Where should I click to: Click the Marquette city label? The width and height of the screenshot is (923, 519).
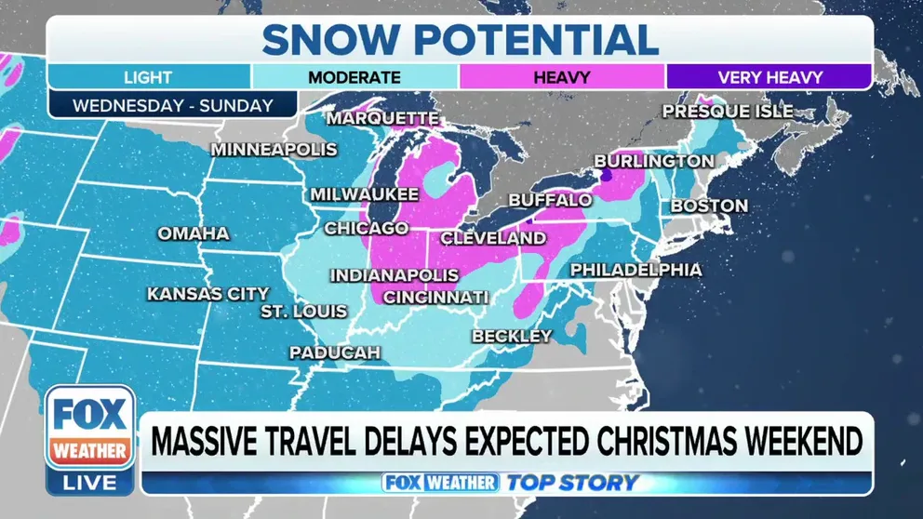[382, 119]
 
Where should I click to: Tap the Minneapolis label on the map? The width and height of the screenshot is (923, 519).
[274, 149]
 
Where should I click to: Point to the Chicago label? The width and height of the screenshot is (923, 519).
[366, 228]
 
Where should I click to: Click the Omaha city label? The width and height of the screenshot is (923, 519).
[194, 233]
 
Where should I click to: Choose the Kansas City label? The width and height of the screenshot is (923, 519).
[208, 294]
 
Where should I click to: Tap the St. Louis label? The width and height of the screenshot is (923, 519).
[303, 311]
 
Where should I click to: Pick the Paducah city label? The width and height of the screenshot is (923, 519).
[335, 353]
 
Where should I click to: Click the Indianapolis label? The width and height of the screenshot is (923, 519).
[395, 275]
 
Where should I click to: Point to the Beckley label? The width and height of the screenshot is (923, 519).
[512, 336]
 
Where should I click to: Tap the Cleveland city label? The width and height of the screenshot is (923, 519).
[493, 238]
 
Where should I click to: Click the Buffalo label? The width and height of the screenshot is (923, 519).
[550, 200]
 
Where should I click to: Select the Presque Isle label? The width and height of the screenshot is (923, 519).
[728, 112]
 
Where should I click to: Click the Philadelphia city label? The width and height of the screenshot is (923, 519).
[635, 270]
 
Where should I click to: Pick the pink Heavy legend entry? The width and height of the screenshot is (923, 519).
[561, 77]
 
